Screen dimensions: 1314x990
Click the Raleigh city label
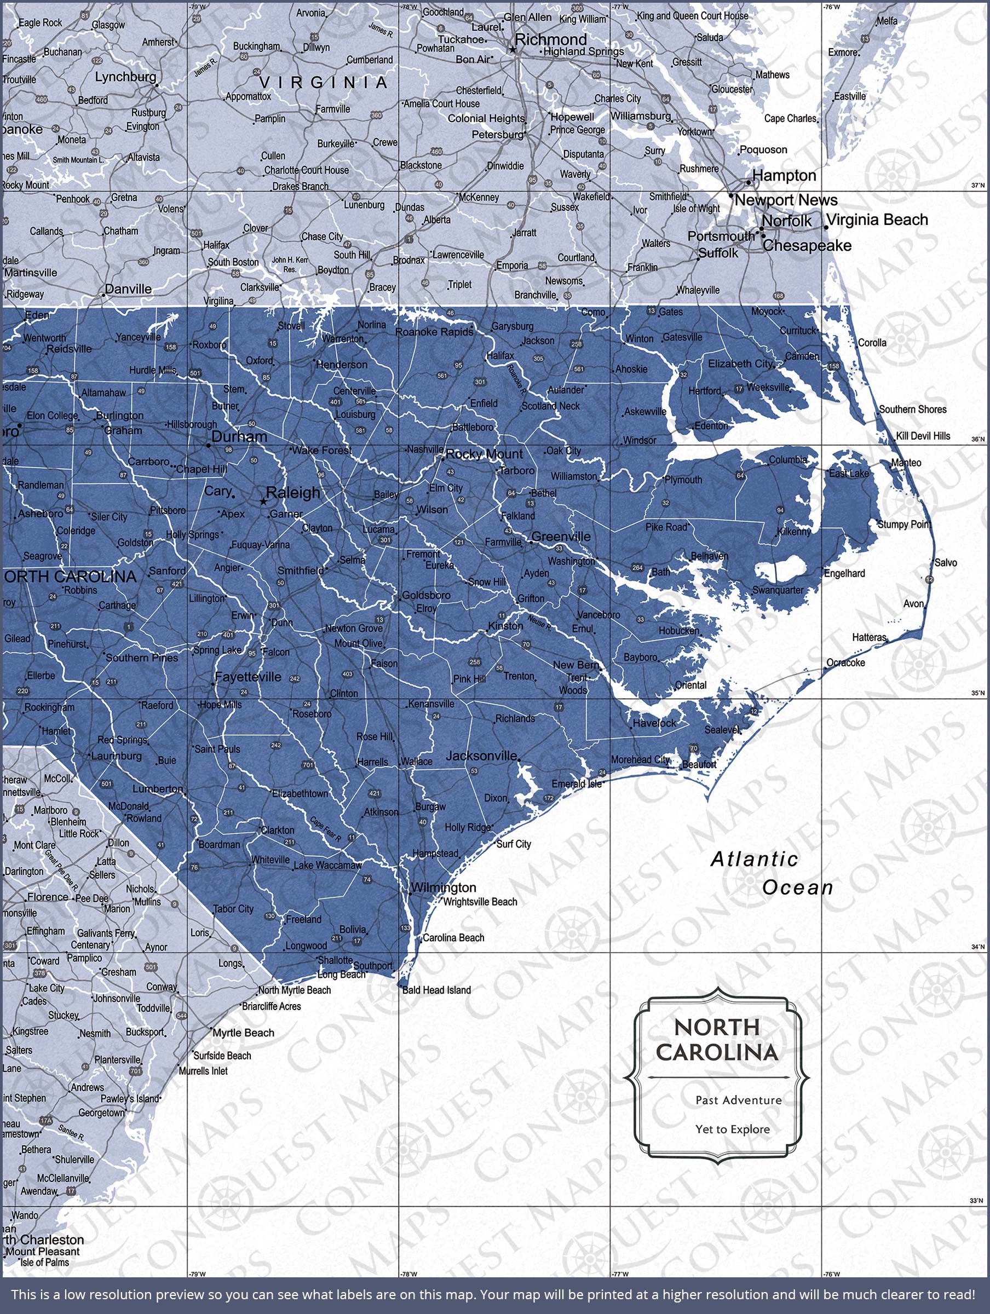tap(293, 492)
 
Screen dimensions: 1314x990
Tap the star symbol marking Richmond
tap(513, 50)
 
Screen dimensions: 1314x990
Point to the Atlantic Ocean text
tap(772, 873)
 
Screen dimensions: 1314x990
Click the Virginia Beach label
tap(877, 220)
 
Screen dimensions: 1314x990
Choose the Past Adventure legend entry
tap(739, 1100)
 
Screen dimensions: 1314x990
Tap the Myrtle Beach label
tap(244, 1033)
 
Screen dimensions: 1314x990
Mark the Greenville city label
tap(561, 537)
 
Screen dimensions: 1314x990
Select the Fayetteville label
tap(249, 677)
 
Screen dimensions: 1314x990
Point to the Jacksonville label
tap(481, 756)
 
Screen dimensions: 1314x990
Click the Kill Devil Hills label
tap(923, 436)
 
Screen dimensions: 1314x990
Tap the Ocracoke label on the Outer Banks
tap(845, 663)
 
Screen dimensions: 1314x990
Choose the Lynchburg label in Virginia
tap(125, 77)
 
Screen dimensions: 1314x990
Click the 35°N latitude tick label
tap(977, 693)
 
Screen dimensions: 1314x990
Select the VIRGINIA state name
tap(324, 82)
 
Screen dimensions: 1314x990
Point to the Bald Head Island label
tap(436, 990)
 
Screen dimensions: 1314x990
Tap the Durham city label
tap(239, 436)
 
